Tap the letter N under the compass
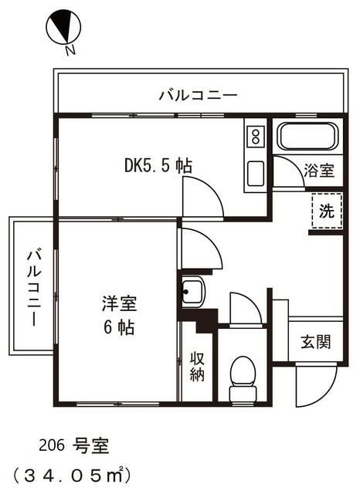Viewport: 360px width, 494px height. tap(70, 51)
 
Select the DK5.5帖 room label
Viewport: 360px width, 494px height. tap(158, 166)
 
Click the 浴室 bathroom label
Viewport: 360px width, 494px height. tap(318, 171)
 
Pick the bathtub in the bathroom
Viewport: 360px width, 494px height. tap(307, 137)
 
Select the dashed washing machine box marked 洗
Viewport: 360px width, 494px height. tap(327, 211)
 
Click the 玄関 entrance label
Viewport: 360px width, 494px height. tap(315, 340)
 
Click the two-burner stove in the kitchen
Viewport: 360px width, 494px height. tap(254, 138)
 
